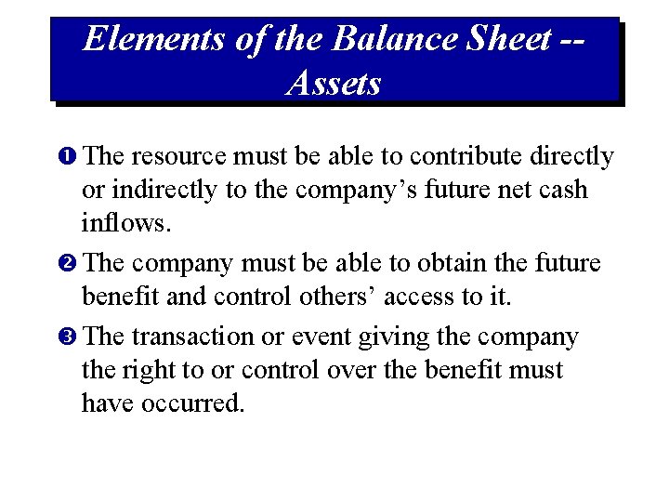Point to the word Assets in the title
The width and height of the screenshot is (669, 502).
334,84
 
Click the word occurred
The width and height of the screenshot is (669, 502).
192,403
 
